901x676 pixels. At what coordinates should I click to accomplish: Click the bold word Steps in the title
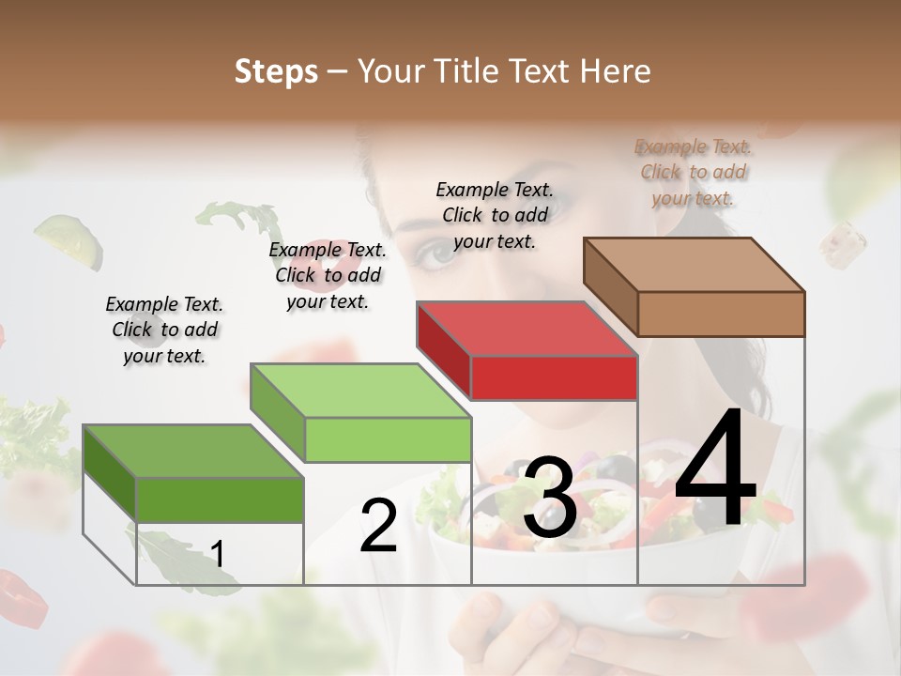276,71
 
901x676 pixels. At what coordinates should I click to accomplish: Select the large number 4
715,469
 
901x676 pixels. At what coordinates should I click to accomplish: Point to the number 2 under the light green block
378,526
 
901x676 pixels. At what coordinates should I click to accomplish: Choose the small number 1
218,555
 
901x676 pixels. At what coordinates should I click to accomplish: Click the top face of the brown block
693,265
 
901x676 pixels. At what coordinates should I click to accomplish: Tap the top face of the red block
526,329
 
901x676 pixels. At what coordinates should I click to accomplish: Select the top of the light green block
359,391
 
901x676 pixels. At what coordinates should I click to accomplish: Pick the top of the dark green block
192,452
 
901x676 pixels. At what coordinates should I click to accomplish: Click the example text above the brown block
693,173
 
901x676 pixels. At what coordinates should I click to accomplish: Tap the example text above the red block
495,215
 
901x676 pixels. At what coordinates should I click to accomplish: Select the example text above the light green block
328,275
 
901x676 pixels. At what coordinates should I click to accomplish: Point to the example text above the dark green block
164,330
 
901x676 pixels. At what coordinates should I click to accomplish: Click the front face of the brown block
721,314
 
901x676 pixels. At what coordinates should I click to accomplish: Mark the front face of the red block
554,377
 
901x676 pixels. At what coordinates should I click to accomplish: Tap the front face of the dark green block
220,499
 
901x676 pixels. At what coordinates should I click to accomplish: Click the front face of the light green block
388,439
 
